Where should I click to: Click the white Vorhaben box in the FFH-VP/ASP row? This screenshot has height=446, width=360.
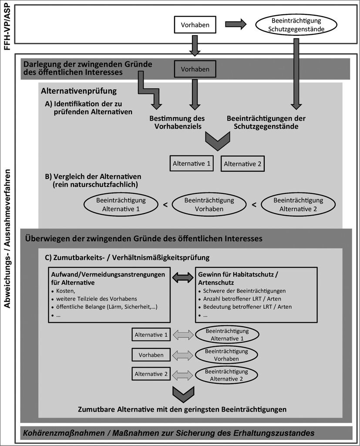click(x=195, y=25)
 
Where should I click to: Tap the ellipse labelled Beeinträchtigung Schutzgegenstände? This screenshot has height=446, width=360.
click(x=296, y=25)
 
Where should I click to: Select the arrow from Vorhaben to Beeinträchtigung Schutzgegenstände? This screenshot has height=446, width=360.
click(x=236, y=24)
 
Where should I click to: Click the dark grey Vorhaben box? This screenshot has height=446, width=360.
click(x=195, y=69)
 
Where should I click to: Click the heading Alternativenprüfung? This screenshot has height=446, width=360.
click(x=79, y=91)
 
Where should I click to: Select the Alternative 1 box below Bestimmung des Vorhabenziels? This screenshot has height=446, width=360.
click(x=192, y=164)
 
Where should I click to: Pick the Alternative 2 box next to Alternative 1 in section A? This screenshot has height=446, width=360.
click(x=242, y=164)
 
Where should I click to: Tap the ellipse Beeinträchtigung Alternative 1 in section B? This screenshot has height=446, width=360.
click(x=121, y=205)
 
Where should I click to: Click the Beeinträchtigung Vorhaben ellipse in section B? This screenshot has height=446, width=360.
click(x=209, y=205)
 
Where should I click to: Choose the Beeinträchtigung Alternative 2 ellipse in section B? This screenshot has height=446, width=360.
click(x=298, y=205)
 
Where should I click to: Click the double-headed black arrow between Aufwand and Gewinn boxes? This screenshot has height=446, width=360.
click(x=183, y=277)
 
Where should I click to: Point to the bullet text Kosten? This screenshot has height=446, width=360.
click(x=66, y=291)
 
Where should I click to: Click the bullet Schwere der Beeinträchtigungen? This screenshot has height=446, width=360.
click(x=244, y=291)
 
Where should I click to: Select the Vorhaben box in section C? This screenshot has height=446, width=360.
click(x=151, y=355)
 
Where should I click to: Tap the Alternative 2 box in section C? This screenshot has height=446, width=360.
click(x=151, y=374)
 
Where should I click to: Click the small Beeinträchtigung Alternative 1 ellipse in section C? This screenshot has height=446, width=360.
click(x=227, y=335)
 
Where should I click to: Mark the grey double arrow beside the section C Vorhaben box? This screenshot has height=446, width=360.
click(x=183, y=355)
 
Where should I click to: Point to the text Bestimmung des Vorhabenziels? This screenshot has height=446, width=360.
click(x=178, y=122)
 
